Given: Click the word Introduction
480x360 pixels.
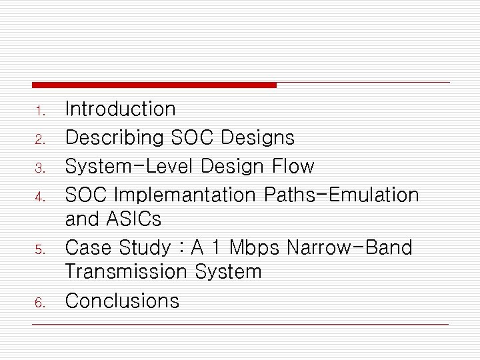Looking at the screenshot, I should pyautogui.click(x=120, y=109).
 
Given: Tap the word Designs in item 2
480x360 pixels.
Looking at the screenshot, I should pyautogui.click(x=257, y=137).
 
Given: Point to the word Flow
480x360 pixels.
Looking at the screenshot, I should pyautogui.click(x=294, y=165).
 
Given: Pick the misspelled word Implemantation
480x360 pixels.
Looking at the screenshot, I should pyautogui.click(x=185, y=195).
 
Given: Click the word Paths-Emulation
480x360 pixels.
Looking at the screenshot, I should pyautogui.click(x=341, y=195).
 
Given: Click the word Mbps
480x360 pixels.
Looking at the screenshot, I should pyautogui.click(x=255, y=247).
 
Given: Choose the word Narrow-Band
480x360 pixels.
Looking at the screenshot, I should pyautogui.click(x=349, y=247).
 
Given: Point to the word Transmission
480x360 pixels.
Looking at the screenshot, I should pyautogui.click(x=127, y=271).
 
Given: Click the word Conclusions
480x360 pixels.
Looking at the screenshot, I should pyautogui.click(x=122, y=301).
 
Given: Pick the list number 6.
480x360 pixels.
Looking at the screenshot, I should pyautogui.click(x=39, y=303).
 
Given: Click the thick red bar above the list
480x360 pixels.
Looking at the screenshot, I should pyautogui.click(x=154, y=85).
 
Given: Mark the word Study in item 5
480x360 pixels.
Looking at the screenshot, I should pyautogui.click(x=145, y=248).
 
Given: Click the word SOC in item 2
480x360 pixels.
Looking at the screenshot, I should pyautogui.click(x=193, y=137).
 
